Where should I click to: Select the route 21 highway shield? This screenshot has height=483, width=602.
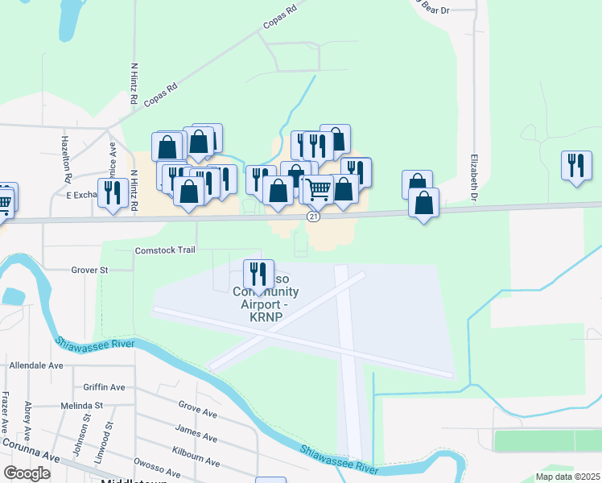click(314, 217)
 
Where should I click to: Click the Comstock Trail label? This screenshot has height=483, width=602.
click(165, 250)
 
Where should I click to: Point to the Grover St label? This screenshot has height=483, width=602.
click(89, 270)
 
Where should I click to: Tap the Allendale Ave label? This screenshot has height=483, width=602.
click(35, 365)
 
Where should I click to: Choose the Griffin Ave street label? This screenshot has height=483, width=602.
click(105, 387)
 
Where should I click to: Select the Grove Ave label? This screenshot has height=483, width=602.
click(198, 414)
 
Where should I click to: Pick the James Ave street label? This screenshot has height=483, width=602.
click(196, 438)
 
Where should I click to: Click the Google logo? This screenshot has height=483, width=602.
click(27, 473)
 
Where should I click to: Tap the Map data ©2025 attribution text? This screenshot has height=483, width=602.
click(567, 477)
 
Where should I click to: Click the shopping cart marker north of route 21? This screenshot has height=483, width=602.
click(319, 190)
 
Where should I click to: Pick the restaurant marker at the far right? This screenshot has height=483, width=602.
click(576, 166)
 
